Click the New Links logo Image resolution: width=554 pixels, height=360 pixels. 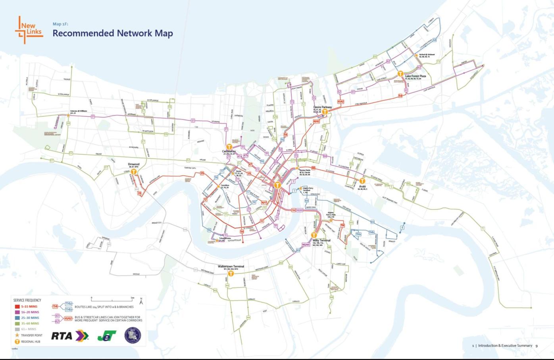[x=29, y=29]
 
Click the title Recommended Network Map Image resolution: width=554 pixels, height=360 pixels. [x=113, y=33]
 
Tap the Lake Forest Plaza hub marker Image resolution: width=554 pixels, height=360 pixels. [x=400, y=74]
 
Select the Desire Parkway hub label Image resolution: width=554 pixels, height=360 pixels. [x=322, y=107]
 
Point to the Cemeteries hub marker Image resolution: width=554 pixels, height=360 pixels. [x=229, y=147]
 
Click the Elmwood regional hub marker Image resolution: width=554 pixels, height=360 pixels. [x=134, y=172]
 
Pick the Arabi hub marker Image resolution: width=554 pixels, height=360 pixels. [x=362, y=181]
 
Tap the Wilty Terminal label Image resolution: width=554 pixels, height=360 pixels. [x=321, y=241]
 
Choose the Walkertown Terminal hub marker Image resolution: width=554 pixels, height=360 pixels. [x=231, y=273]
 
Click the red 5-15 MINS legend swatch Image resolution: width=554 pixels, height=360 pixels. [x=17, y=306]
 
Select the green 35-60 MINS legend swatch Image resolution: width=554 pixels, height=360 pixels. [x=17, y=323]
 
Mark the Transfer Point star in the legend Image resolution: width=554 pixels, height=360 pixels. [x=17, y=335]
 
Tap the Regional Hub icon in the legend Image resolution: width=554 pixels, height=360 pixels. [x=17, y=341]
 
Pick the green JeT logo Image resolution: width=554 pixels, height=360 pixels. [x=107, y=336]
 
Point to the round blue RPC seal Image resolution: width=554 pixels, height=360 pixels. [x=133, y=335]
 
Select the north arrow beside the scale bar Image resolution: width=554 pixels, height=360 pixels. [x=141, y=300]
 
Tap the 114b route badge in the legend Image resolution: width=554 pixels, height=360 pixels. [x=69, y=310]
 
